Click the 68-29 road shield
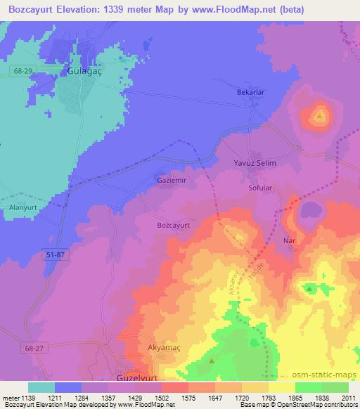click(21, 71)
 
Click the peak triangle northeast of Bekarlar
click(321, 115)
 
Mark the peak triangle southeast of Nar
click(309, 288)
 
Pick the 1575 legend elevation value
click(189, 398)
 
